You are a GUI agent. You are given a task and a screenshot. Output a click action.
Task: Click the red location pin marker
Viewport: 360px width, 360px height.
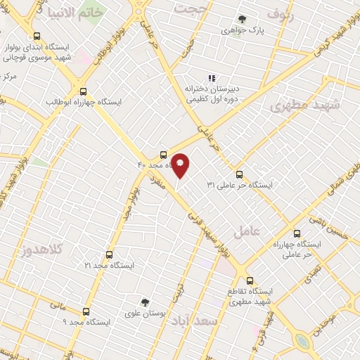(181, 165)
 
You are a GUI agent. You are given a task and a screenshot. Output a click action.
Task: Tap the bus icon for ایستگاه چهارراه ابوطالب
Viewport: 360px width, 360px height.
(84, 91)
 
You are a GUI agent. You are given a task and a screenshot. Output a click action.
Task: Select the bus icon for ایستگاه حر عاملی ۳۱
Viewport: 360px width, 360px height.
(239, 174)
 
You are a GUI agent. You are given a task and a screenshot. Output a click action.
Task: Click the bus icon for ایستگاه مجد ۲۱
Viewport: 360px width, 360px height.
(108, 255)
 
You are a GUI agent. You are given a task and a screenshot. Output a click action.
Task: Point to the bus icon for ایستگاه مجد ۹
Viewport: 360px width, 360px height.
(86, 311)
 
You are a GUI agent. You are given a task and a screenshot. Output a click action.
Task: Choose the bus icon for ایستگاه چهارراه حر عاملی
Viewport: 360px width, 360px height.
(296, 233)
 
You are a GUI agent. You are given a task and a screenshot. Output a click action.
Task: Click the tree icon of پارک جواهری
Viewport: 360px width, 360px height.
(243, 19)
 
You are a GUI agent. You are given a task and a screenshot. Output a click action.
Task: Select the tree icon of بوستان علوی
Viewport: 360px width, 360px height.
(145, 302)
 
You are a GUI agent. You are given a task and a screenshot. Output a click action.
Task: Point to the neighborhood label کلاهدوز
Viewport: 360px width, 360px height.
(43, 249)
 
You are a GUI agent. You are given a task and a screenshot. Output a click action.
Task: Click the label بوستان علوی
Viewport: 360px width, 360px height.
(145, 314)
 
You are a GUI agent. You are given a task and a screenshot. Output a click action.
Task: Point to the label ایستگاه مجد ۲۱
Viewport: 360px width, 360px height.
(109, 266)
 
